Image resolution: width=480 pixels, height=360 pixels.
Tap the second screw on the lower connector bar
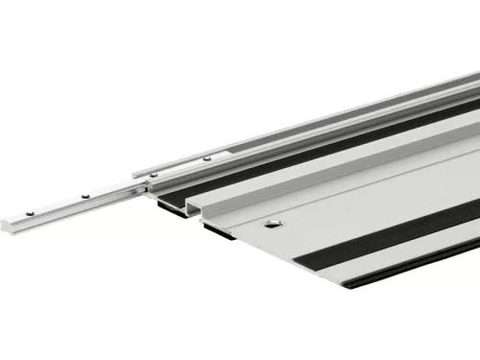85,194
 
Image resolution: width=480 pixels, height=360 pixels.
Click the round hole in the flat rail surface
274,223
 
